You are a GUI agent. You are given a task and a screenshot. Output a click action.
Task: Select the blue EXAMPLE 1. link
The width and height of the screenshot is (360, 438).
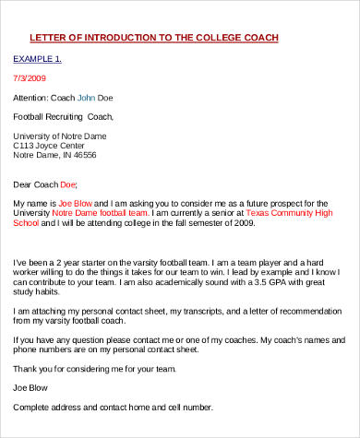click(x=37, y=58)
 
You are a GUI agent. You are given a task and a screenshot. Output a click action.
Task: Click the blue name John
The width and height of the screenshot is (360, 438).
click(x=86, y=97)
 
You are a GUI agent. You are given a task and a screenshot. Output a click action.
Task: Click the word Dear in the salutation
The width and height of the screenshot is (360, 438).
click(x=23, y=183)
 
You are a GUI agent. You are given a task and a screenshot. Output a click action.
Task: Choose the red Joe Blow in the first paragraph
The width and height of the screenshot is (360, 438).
click(x=76, y=202)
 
